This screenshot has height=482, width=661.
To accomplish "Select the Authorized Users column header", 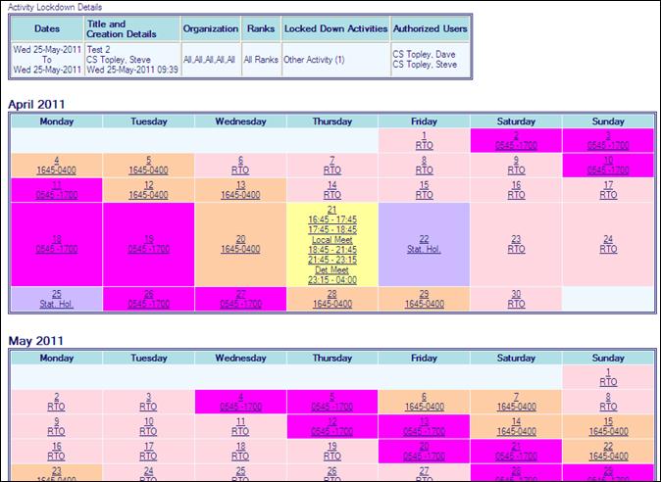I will pos(430,28).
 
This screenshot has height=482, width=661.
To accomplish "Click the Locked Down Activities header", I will pos(334,28).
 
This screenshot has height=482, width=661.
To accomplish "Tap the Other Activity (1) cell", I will pos(314,60).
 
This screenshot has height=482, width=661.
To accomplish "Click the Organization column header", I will pos(210,28).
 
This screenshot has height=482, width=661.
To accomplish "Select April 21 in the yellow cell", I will pos(331,211).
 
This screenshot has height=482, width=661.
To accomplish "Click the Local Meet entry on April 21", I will pos(331,239).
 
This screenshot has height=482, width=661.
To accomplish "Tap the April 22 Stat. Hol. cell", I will pos(424,244).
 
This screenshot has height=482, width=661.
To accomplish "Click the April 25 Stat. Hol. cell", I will pos(56,299).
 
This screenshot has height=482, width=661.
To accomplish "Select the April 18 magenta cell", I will pos(56,244).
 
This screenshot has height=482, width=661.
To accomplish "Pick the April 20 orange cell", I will pos(240,244).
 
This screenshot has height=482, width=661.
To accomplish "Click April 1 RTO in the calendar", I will pos(424,141).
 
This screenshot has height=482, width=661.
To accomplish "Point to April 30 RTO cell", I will pos(516,299).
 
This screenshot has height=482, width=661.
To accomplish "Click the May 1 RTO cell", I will pos(608,377).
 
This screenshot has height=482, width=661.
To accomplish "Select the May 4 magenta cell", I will pos(240,401).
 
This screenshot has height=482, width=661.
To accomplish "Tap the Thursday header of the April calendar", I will pos(331,121).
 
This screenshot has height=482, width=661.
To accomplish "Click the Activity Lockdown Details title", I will pos(48,6).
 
